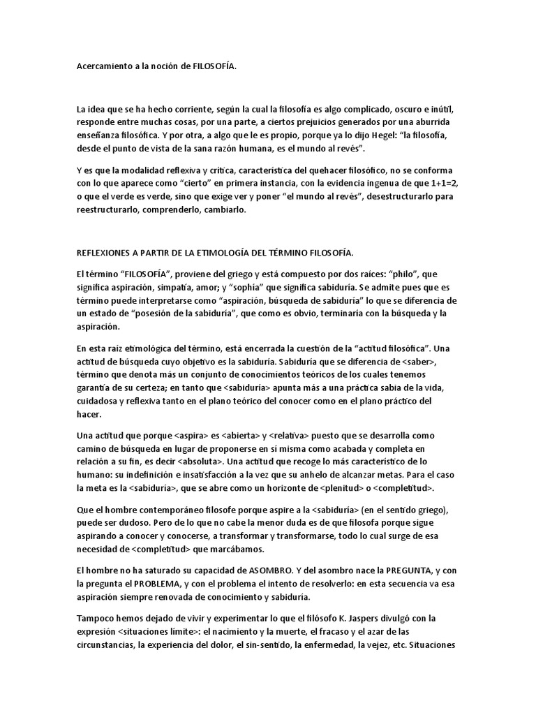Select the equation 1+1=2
[439, 182]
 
